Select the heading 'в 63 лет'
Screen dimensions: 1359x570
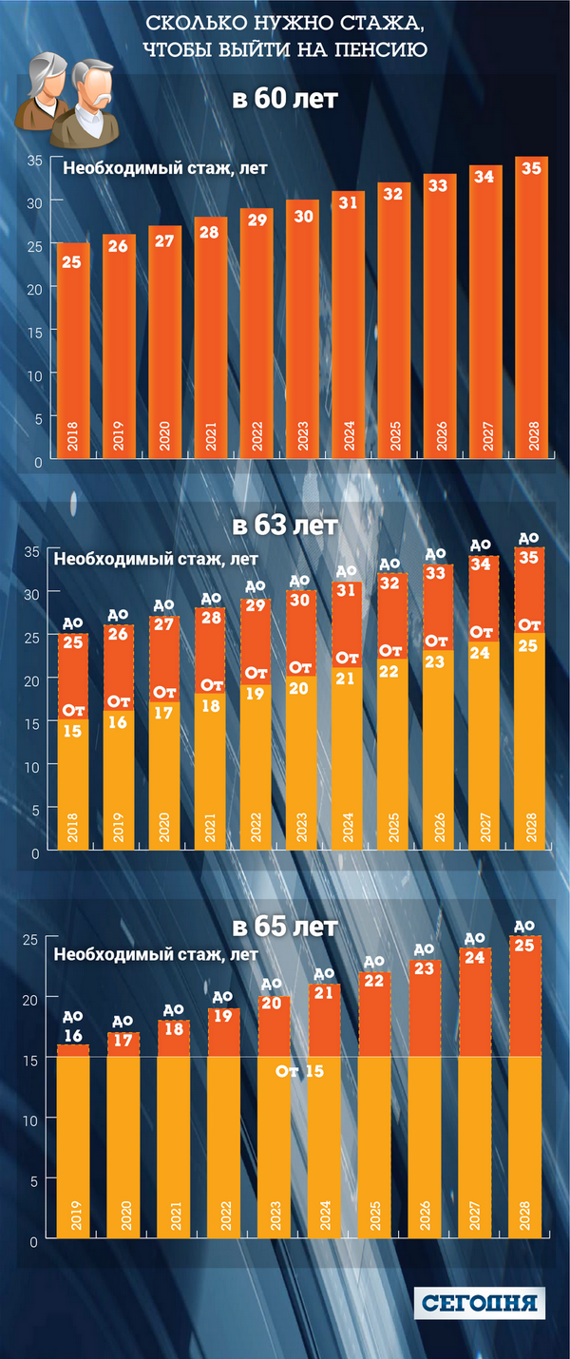click(x=285, y=526)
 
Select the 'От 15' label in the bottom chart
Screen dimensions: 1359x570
click(x=300, y=1072)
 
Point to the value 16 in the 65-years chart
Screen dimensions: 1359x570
click(x=74, y=1036)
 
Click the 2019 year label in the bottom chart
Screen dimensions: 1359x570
click(x=74, y=1216)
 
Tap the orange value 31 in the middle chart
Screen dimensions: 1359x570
click(x=349, y=590)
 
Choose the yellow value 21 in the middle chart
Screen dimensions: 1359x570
click(x=349, y=678)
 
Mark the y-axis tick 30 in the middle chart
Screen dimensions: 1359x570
click(x=31, y=593)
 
